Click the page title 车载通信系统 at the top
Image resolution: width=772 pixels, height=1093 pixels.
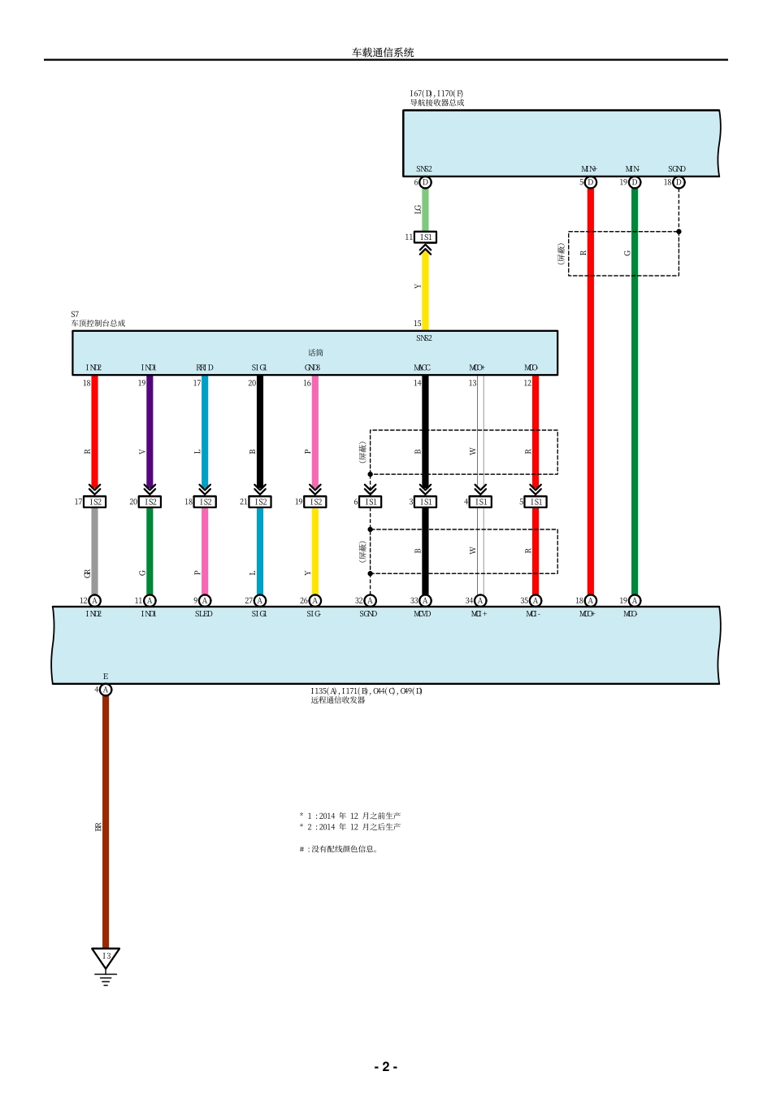pos(383,52)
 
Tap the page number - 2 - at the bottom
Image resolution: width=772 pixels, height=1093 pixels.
pos(385,1066)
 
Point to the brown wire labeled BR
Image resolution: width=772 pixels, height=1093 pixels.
pos(106,821)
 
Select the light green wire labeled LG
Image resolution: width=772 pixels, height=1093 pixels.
pos(425,209)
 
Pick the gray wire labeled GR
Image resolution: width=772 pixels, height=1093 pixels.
pos(95,553)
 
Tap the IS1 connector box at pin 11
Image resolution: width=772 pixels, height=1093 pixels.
pos(425,237)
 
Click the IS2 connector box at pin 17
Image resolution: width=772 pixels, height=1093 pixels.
pos(95,502)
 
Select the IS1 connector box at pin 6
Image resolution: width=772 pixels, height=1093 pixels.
pos(371,502)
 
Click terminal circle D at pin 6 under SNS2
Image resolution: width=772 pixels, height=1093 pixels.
pos(425,182)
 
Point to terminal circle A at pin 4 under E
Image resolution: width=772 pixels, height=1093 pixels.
pos(106,690)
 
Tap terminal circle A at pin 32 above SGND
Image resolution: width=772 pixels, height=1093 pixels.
pos(371,601)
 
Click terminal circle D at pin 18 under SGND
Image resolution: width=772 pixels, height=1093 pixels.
pos(679,182)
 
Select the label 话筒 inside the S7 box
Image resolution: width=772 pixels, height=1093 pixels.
pos(315,353)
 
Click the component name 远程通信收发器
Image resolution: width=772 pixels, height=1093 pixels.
pos(338,700)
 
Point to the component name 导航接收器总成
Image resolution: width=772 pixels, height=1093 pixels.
pos(437,103)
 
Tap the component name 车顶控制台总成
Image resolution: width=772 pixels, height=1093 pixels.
pos(98,324)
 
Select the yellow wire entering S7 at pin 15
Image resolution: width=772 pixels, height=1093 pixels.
pos(425,293)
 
